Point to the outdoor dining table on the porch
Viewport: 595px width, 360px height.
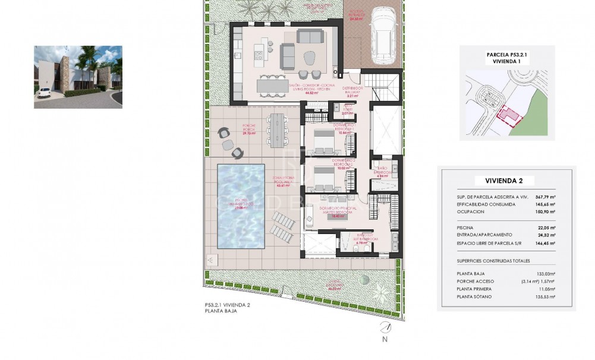(278, 130)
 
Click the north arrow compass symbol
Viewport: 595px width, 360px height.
(385, 328)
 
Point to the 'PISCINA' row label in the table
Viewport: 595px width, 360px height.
(465, 228)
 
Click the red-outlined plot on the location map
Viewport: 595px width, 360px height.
(506, 115)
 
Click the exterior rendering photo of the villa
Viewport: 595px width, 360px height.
(78, 77)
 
